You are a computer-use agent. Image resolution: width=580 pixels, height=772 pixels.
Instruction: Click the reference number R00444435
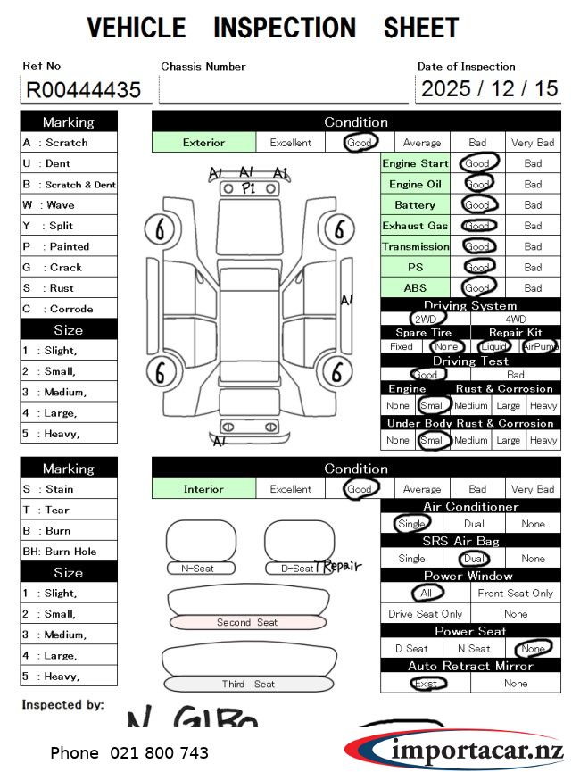point(85,89)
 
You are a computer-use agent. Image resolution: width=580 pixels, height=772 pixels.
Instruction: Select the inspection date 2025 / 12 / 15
point(489,88)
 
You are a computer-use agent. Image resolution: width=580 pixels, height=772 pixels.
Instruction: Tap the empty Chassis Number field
point(283,89)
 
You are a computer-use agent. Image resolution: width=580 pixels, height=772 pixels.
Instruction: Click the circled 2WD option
point(426,319)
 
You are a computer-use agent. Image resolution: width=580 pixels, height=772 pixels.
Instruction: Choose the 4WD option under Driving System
point(516,319)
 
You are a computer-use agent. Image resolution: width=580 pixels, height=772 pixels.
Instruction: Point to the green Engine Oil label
point(415,185)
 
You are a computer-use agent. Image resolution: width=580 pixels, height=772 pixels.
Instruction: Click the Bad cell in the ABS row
point(533,288)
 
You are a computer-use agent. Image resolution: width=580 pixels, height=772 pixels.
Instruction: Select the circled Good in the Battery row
point(478,205)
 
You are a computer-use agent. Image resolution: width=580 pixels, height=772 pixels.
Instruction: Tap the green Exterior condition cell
point(204,143)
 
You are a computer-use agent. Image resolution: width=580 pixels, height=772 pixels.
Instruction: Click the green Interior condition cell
point(203,489)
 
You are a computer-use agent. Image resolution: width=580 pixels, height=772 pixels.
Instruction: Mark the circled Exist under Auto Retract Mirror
point(426,684)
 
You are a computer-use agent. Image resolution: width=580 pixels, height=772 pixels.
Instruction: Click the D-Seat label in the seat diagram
point(297,569)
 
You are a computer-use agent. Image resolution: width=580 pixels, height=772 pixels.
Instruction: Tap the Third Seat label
point(248,685)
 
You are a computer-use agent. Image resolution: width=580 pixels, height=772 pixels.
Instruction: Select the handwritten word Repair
point(342,566)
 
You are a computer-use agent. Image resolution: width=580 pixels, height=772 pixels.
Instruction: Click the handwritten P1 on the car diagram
point(248,188)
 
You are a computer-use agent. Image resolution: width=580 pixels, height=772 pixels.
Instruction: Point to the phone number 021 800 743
point(129,753)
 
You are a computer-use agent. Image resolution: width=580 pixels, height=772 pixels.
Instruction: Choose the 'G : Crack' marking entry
point(68,268)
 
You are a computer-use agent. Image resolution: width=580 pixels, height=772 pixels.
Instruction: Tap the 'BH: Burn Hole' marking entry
point(68,552)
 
